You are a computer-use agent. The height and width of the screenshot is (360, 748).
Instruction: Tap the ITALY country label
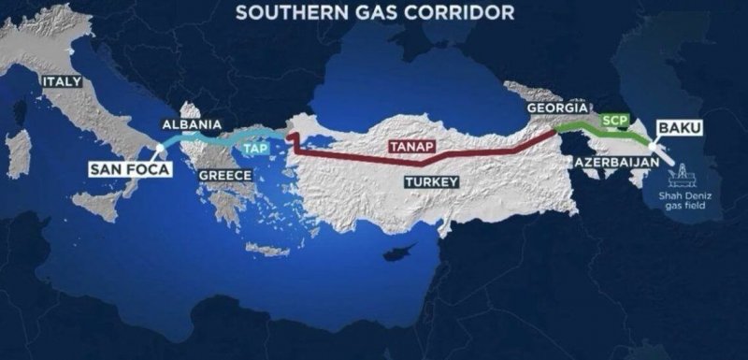(x=62, y=82)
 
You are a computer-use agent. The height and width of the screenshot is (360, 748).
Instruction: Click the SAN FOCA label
(x=123, y=169)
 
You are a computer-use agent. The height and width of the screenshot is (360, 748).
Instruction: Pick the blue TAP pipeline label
(x=255, y=148)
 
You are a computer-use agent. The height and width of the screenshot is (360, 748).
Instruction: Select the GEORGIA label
(x=557, y=108)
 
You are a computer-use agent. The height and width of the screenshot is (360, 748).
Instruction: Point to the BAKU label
(x=680, y=126)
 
